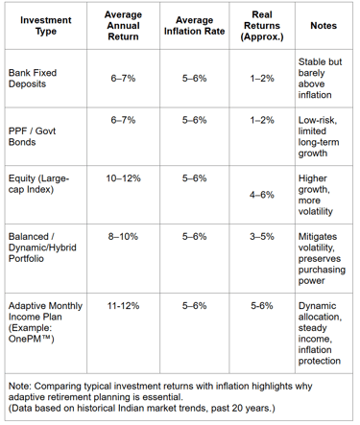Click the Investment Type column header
[45, 25]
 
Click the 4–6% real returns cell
[262, 194]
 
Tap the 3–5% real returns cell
[262, 234]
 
